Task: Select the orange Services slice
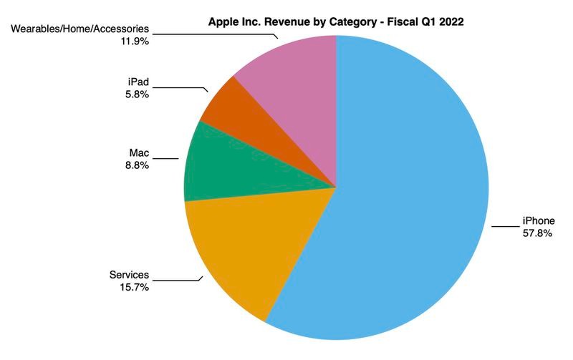coord(236,250)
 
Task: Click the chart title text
coord(335,22)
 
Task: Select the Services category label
coord(129,275)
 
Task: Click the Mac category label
coord(139,152)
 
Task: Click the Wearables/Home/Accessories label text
coord(81,29)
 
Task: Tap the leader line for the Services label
coord(175,280)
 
